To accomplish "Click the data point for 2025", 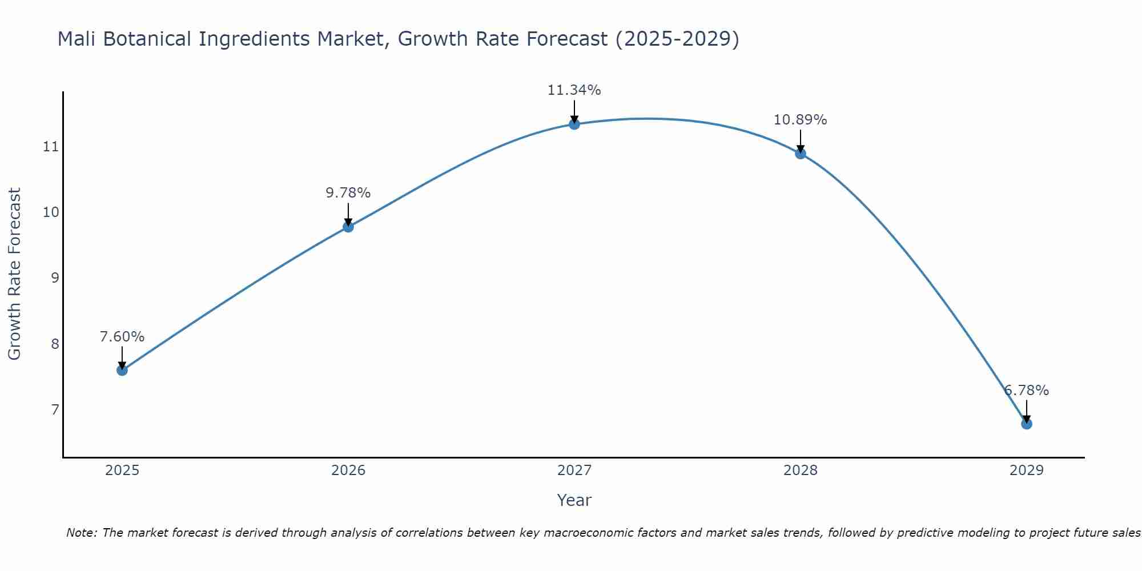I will click(122, 370).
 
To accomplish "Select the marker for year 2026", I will click(348, 227).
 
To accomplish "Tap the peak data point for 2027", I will click(574, 124).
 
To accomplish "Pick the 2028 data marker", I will click(801, 154).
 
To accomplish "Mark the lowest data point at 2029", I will click(1026, 424).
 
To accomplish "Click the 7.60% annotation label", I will click(122, 337).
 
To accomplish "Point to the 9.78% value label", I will click(348, 193).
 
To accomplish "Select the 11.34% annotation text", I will click(574, 90).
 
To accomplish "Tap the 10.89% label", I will click(801, 120).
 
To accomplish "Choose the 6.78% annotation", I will click(1026, 391).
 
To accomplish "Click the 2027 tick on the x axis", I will click(574, 471).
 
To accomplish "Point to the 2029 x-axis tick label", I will click(1026, 471).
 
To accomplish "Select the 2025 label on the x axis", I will click(122, 471).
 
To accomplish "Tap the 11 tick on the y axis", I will click(51, 147).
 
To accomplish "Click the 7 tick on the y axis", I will click(55, 409).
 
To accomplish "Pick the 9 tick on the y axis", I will click(55, 278).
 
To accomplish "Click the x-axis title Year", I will click(574, 500).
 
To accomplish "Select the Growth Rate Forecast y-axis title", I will click(15, 274).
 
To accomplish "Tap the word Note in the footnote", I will click(82, 533).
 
